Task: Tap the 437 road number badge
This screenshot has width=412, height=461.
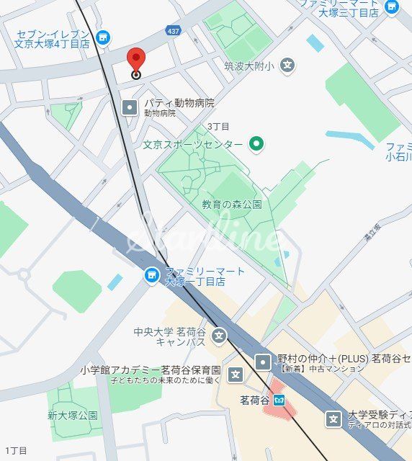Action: click(x=173, y=31)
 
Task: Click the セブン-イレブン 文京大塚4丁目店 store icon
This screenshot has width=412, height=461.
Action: click(x=103, y=37)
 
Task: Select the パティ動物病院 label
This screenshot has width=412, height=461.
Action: click(x=179, y=103)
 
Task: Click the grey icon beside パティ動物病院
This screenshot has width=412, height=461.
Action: click(x=130, y=107)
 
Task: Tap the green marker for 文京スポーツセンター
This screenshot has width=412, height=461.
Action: click(x=256, y=144)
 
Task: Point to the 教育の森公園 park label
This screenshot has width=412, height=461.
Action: click(x=231, y=205)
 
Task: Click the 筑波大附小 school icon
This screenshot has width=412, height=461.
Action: click(x=287, y=66)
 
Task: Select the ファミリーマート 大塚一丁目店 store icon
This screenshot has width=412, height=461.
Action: click(x=151, y=275)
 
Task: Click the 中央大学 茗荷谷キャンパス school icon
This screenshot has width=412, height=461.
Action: click(x=219, y=336)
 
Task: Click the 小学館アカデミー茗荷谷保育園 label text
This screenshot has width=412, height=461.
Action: click(x=150, y=370)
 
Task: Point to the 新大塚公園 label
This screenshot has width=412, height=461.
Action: click(x=73, y=416)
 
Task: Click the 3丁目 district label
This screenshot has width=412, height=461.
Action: click(x=218, y=126)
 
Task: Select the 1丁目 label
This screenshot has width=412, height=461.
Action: click(x=15, y=451)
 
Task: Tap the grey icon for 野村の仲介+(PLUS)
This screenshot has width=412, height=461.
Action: click(x=264, y=361)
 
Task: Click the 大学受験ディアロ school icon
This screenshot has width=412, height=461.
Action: click(x=333, y=418)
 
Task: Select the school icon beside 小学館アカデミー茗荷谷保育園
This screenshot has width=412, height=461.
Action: click(x=235, y=374)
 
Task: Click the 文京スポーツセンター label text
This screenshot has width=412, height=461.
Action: click(x=192, y=145)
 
